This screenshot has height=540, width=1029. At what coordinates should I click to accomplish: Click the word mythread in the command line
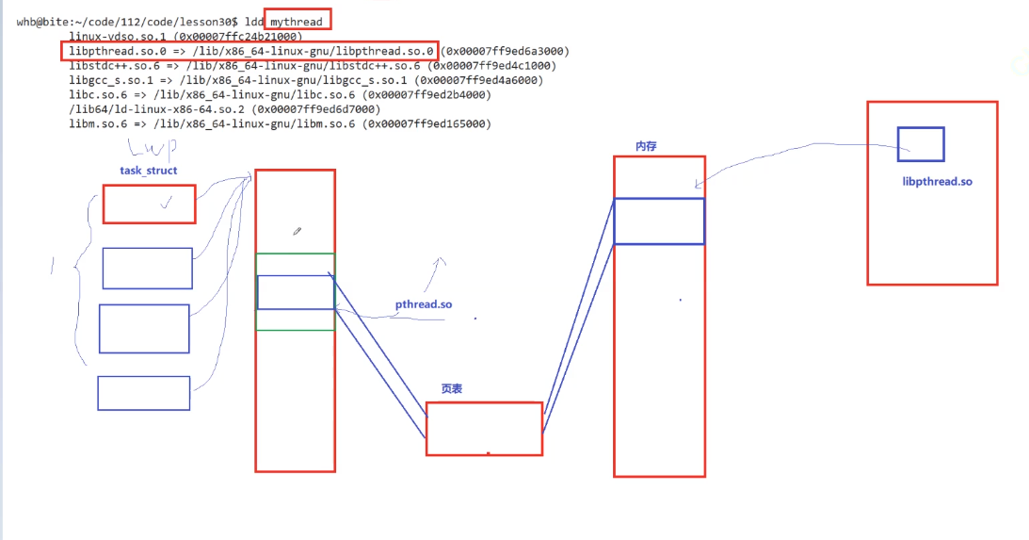pos(301,22)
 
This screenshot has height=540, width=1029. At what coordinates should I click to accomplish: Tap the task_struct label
pos(149,171)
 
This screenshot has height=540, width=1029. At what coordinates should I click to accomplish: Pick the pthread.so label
pos(423,304)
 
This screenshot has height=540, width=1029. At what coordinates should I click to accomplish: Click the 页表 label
pos(451,388)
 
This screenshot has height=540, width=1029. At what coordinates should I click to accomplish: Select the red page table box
pos(484,429)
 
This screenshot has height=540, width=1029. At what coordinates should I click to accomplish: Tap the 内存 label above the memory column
pos(646,146)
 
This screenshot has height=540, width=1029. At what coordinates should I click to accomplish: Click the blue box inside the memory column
pos(659,221)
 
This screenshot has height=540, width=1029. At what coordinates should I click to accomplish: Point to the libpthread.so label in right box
pos(937,181)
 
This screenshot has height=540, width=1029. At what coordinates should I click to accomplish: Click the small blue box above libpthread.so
pos(920,144)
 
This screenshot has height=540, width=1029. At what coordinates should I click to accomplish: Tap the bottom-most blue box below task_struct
pos(143,393)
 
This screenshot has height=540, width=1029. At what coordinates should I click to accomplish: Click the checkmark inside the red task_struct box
pos(167,201)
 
